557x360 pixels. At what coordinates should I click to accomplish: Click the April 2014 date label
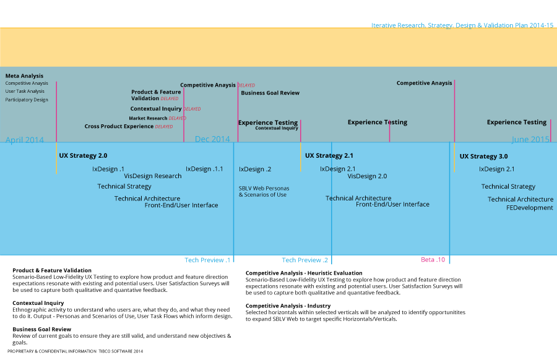[x=25, y=140]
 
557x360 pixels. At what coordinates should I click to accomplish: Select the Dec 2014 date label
[x=212, y=139]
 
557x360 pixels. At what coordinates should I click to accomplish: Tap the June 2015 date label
[x=530, y=139]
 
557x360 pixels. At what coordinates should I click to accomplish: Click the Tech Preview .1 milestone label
[x=207, y=260]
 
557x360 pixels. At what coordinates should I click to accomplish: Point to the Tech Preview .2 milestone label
[x=304, y=260]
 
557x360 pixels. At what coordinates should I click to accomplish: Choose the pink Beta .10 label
[x=433, y=260]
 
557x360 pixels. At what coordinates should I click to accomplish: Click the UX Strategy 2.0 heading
[x=83, y=155]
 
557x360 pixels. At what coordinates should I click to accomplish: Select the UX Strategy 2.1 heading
[x=329, y=155]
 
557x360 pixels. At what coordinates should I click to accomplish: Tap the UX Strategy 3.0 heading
[x=483, y=156]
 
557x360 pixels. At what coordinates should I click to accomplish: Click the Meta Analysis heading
[x=24, y=75]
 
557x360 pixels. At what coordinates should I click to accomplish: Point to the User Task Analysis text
[x=25, y=92]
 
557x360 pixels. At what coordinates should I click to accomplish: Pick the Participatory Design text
[x=27, y=100]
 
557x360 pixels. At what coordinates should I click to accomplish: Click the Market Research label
[x=148, y=118]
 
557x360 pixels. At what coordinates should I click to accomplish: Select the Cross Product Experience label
[x=119, y=126]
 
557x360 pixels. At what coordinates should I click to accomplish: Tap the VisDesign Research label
[x=153, y=176]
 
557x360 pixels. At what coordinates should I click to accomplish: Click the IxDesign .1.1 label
[x=204, y=169]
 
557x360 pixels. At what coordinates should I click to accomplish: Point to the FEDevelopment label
[x=530, y=208]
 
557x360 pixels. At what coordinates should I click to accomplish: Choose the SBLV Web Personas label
[x=264, y=188]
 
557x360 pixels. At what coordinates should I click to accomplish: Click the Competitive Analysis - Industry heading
[x=288, y=306]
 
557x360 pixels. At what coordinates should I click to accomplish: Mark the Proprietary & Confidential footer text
[x=75, y=351]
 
